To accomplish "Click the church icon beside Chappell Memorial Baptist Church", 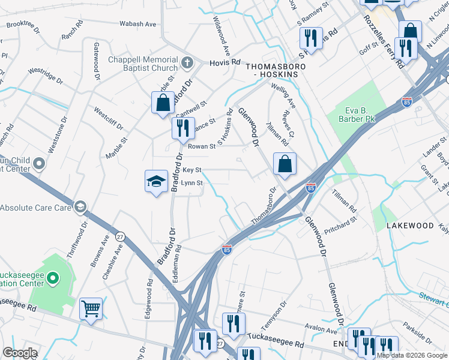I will click(x=187, y=62).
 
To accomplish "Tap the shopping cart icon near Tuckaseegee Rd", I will click(x=91, y=310).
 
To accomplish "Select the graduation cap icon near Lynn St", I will click(x=155, y=181).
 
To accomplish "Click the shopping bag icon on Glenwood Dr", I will click(x=285, y=163).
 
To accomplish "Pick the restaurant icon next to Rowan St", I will click(x=182, y=127).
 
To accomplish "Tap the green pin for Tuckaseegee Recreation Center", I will click(x=53, y=278).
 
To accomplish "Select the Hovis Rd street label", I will click(x=224, y=62).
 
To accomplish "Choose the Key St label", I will click(x=192, y=170).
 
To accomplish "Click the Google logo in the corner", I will click(x=19, y=353).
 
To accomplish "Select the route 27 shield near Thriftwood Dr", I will click(x=120, y=236).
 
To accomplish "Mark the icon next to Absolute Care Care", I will click(x=79, y=208).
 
